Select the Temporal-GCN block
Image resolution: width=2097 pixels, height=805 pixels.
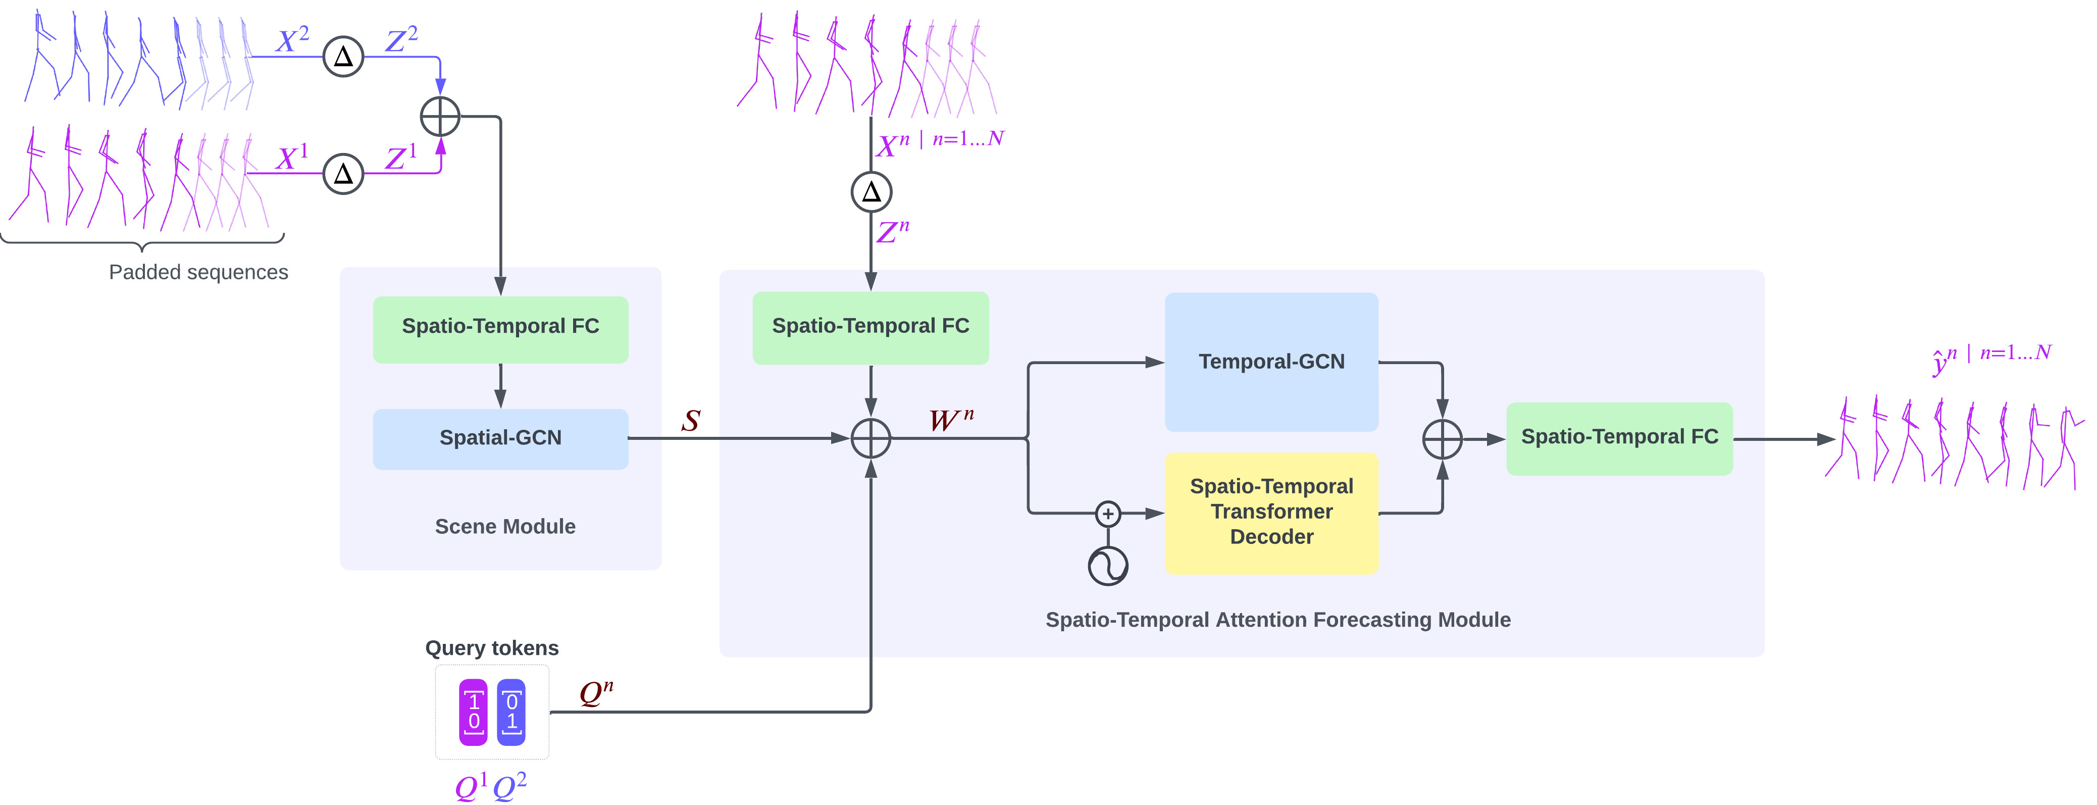1271,362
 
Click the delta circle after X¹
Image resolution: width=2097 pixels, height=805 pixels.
343,173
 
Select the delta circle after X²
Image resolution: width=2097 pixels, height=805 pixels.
343,56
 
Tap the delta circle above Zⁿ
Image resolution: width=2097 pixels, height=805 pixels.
871,192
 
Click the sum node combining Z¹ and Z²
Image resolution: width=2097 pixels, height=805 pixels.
440,116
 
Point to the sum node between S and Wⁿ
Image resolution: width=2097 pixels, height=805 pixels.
871,439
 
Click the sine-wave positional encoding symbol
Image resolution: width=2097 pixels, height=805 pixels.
1108,565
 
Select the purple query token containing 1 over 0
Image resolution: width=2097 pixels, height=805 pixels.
474,712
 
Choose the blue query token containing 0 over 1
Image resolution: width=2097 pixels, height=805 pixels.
511,712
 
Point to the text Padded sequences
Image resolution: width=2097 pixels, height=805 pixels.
198,272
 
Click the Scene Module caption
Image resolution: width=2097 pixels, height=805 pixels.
505,527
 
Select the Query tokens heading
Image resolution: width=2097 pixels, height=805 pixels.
492,648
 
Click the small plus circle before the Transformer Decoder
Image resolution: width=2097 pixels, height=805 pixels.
1108,514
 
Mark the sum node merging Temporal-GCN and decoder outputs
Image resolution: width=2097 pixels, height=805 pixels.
1442,439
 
